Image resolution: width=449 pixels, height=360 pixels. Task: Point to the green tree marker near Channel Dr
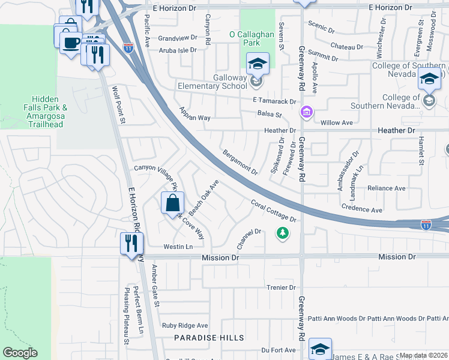(x=280, y=232)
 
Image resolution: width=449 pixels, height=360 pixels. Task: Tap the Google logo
(x=20, y=353)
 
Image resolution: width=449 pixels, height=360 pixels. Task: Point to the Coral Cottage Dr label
(x=274, y=212)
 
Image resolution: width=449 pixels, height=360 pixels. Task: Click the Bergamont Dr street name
(x=240, y=162)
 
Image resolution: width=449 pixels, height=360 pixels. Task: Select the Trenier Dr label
(x=281, y=288)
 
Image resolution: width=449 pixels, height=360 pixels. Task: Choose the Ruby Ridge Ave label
(x=185, y=326)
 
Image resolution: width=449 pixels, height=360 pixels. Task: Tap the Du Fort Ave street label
(x=279, y=350)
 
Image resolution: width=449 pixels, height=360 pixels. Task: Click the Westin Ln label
(x=178, y=247)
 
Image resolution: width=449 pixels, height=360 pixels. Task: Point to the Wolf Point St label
(x=118, y=105)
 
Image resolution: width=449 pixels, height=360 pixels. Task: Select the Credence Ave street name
(x=362, y=211)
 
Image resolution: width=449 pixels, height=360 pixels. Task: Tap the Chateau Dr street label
(x=343, y=46)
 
